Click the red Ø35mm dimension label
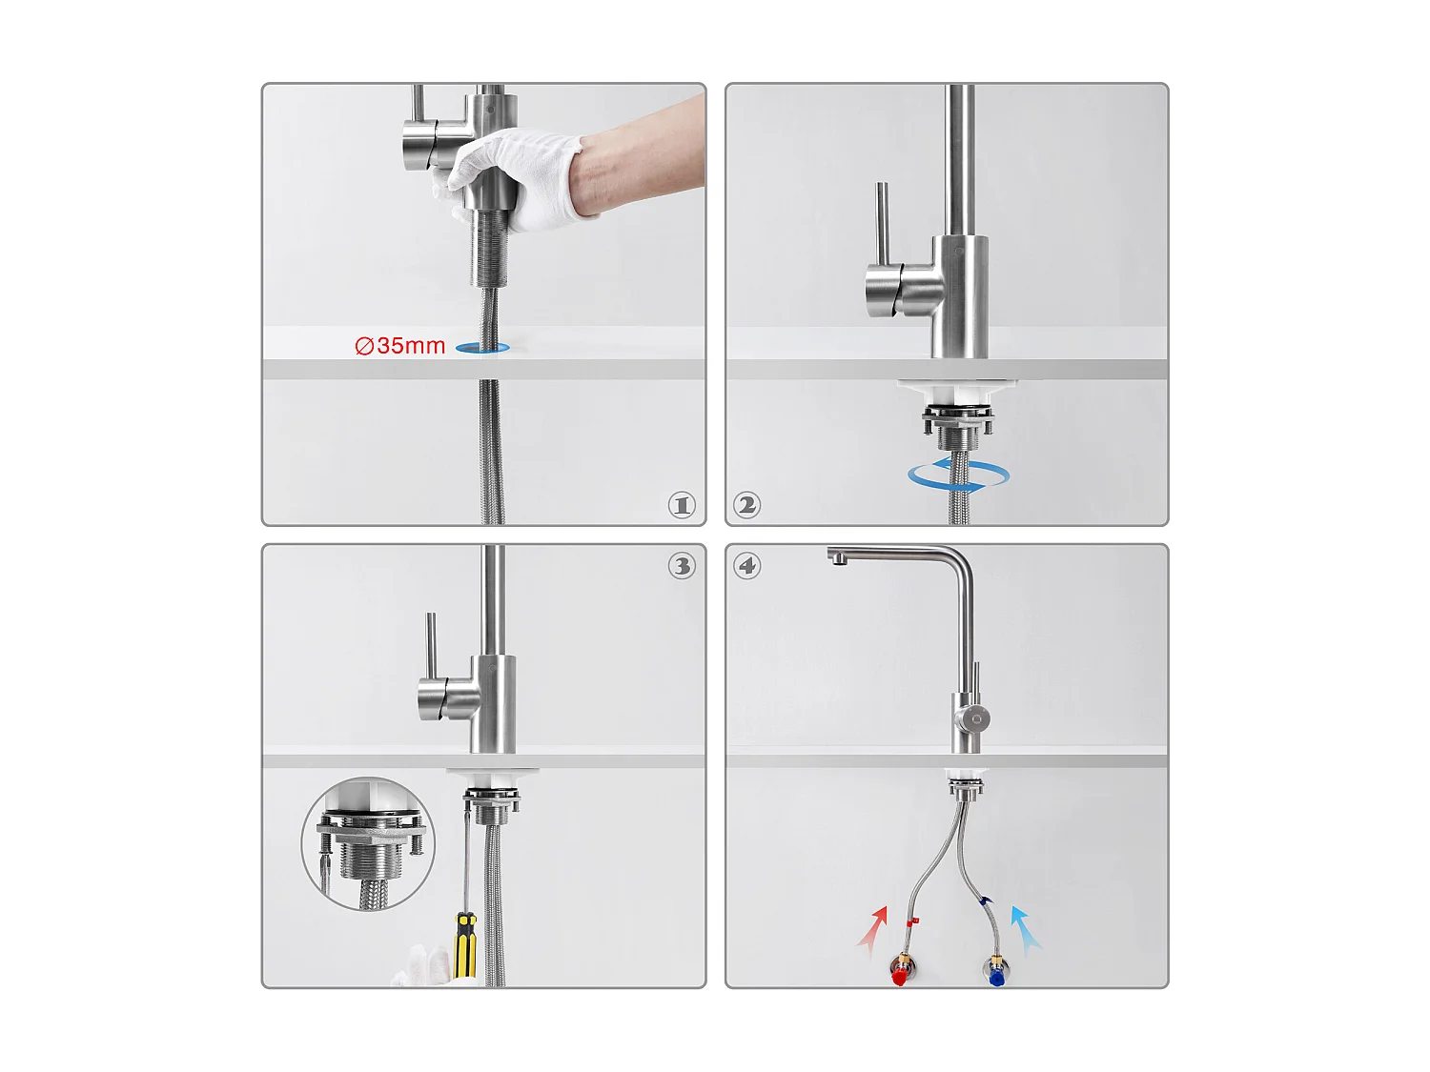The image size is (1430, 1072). click(400, 346)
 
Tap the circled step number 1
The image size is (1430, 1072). click(682, 505)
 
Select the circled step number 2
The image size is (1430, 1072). click(747, 505)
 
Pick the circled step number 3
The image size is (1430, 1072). click(682, 566)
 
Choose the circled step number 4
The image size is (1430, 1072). click(747, 566)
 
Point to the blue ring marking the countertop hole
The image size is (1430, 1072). click(482, 348)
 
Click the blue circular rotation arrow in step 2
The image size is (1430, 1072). click(958, 475)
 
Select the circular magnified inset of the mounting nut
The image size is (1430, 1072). click(369, 844)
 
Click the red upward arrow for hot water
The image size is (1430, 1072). click(874, 929)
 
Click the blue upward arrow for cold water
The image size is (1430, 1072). click(1025, 929)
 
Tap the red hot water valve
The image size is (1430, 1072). click(899, 973)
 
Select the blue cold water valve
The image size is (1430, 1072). click(996, 973)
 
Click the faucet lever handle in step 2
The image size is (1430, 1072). click(883, 229)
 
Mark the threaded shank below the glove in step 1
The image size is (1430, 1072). click(489, 248)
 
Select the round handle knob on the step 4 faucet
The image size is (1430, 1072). click(973, 718)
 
